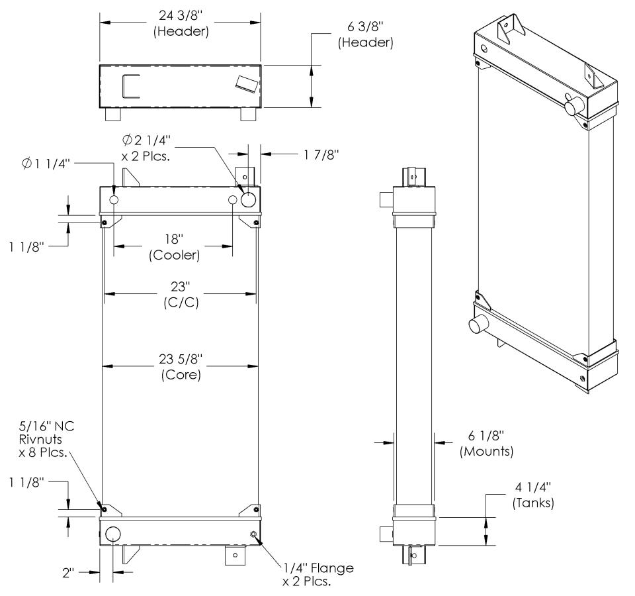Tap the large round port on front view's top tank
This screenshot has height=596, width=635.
(x=249, y=200)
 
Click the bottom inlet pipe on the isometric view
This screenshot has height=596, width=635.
(x=478, y=325)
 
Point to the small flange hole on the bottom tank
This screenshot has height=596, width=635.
(x=253, y=534)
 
